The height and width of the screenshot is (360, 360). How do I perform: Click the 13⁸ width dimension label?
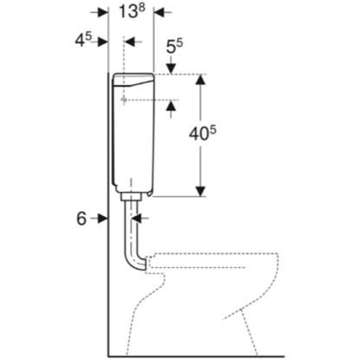[132, 11]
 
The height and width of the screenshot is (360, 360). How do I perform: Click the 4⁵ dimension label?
[83, 40]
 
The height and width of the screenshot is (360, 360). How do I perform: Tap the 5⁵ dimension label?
[174, 46]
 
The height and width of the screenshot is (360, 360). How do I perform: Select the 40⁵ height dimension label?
[203, 134]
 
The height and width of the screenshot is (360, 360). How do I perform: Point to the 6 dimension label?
[82, 219]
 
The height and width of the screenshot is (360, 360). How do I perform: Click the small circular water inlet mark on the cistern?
[124, 100]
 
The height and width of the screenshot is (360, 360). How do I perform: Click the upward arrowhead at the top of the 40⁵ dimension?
[200, 80]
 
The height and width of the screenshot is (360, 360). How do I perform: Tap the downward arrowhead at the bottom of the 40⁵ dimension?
[200, 192]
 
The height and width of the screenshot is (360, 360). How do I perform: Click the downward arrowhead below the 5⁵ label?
[171, 69]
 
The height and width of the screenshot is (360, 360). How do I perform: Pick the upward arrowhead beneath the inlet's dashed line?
[171, 105]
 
